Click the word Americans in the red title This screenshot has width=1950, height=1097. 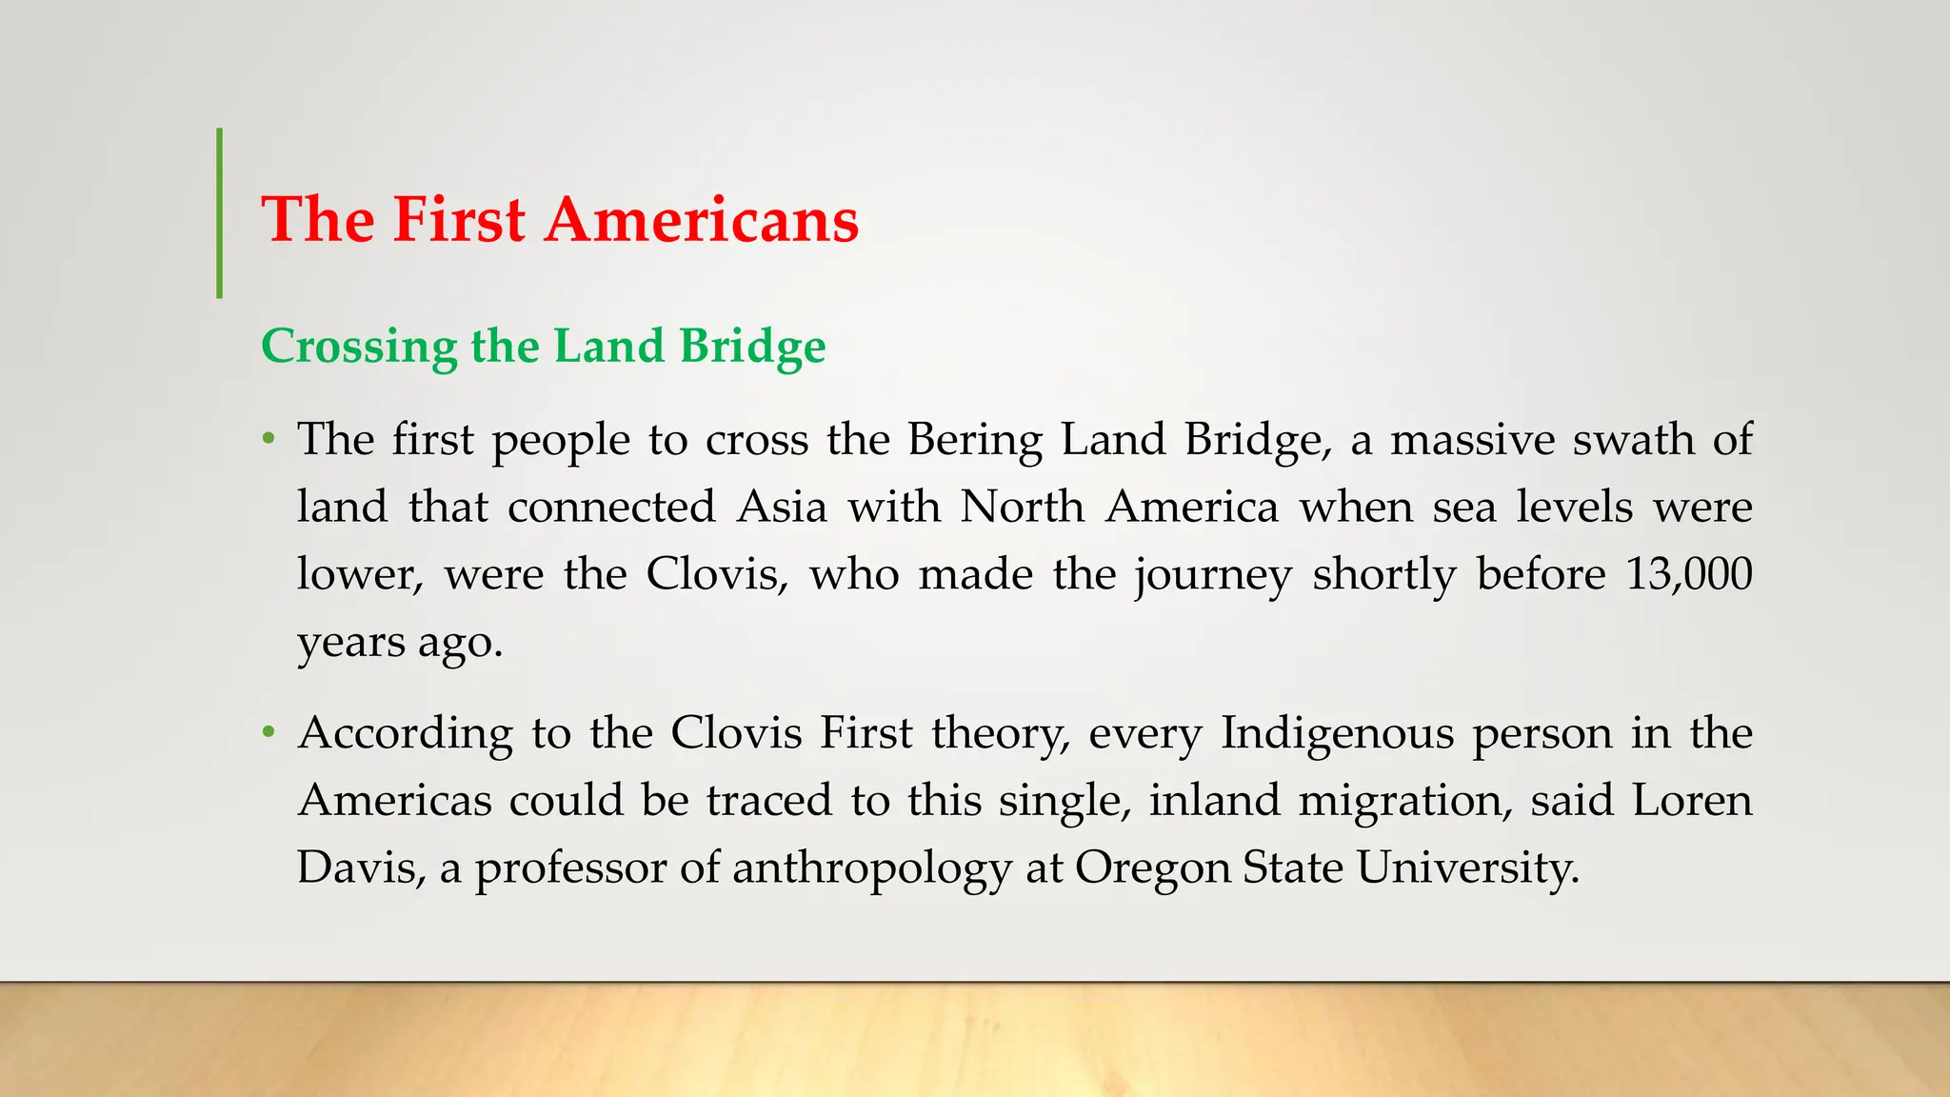click(702, 220)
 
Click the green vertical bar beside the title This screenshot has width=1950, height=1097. click(220, 213)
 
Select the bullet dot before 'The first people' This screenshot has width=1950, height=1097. click(269, 440)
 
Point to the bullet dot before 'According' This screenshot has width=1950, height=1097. click(269, 733)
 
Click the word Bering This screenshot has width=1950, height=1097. click(974, 440)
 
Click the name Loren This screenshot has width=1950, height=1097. click(1692, 800)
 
